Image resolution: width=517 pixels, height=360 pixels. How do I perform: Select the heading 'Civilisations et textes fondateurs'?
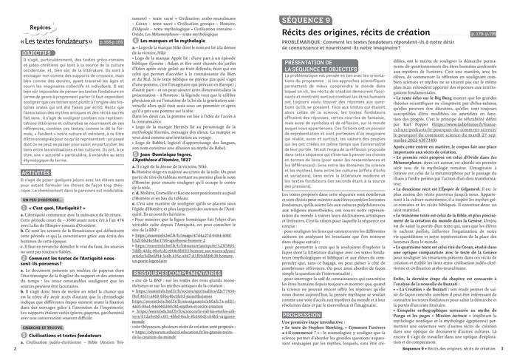pos(70,336)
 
